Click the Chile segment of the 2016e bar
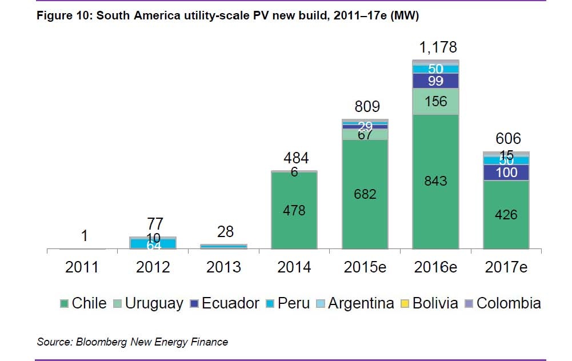(436, 181)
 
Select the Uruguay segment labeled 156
(436, 101)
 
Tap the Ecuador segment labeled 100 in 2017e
(506, 173)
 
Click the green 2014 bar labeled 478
(294, 210)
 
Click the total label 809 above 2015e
(366, 107)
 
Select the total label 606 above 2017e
(506, 139)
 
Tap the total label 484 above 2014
(295, 158)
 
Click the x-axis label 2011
(83, 267)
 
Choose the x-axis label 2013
(224, 267)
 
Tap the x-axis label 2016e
(436, 267)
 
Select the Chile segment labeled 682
(365, 194)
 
